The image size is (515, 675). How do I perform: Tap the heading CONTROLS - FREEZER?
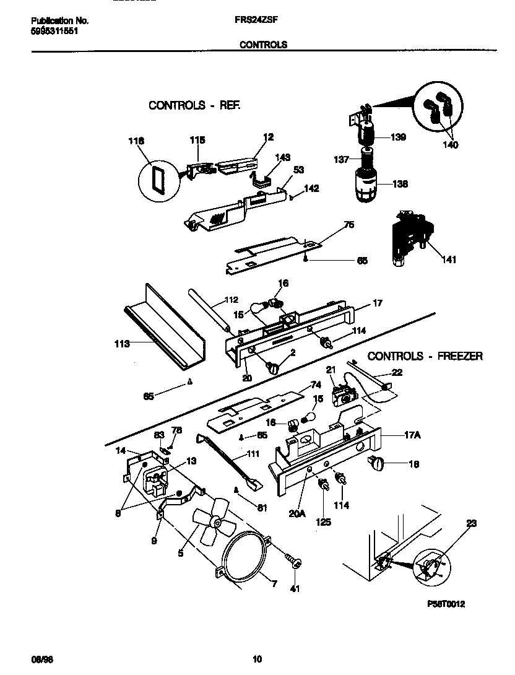tap(425, 356)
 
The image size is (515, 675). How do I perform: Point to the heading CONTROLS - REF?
tap(194, 105)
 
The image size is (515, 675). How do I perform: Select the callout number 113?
tap(121, 344)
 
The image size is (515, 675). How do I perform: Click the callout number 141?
tap(446, 260)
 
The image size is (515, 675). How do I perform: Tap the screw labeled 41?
tap(293, 562)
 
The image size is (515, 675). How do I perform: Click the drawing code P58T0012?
tap(445, 604)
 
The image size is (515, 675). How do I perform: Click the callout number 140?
tap(450, 145)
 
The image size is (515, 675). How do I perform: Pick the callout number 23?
tap(472, 523)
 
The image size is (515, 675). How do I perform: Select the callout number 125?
tap(323, 522)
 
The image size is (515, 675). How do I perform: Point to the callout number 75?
tap(348, 225)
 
